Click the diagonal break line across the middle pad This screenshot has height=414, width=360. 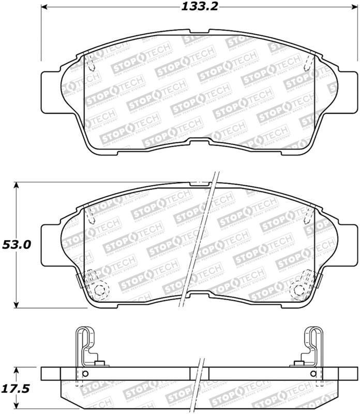(x=199, y=243)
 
